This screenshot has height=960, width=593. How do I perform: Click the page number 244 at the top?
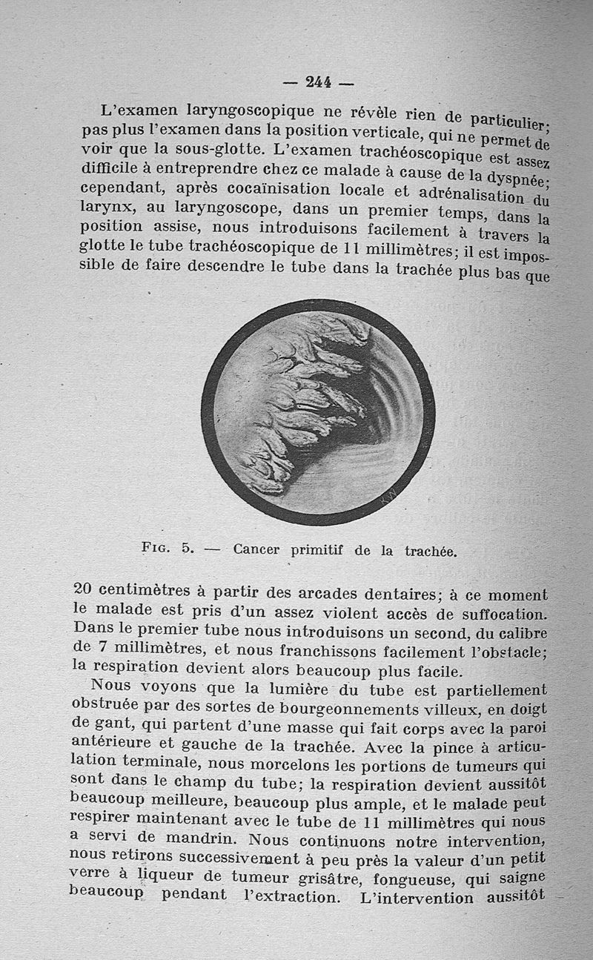pyautogui.click(x=318, y=82)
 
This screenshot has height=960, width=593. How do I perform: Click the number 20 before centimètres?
pyautogui.click(x=84, y=592)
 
